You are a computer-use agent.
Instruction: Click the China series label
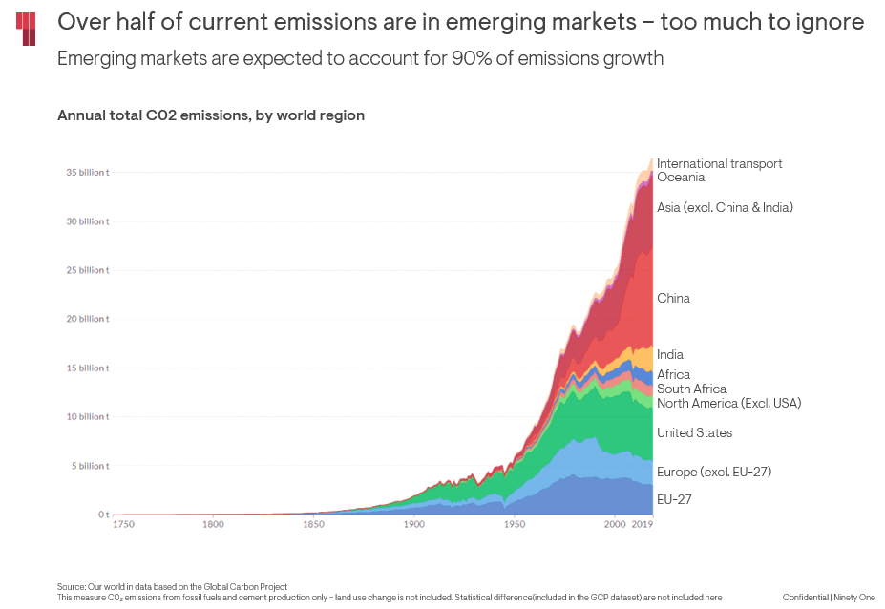pos(673,299)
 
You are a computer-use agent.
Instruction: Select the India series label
pos(670,355)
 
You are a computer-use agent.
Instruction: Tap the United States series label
pos(695,433)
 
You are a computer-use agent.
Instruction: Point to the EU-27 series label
pos(674,499)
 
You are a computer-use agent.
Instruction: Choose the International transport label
pos(719,164)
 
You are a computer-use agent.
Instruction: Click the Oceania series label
pos(681,178)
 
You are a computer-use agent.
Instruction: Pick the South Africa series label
pos(691,389)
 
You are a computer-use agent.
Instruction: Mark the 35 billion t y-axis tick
pos(87,173)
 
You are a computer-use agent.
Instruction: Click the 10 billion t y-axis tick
pos(87,417)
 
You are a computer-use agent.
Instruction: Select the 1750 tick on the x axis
pos(124,525)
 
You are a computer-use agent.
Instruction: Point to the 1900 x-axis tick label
pos(413,525)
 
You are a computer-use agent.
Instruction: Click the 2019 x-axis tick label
pos(642,525)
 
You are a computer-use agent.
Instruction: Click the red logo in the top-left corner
pos(27,29)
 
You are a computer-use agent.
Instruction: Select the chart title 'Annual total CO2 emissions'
pos(211,115)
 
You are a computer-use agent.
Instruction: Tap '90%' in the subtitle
pos(508,58)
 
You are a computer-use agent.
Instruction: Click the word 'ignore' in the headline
pos(831,22)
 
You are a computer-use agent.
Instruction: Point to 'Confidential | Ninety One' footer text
pos(829,598)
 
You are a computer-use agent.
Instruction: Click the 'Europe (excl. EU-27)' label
pos(714,472)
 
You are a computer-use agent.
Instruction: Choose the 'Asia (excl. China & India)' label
pos(725,207)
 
